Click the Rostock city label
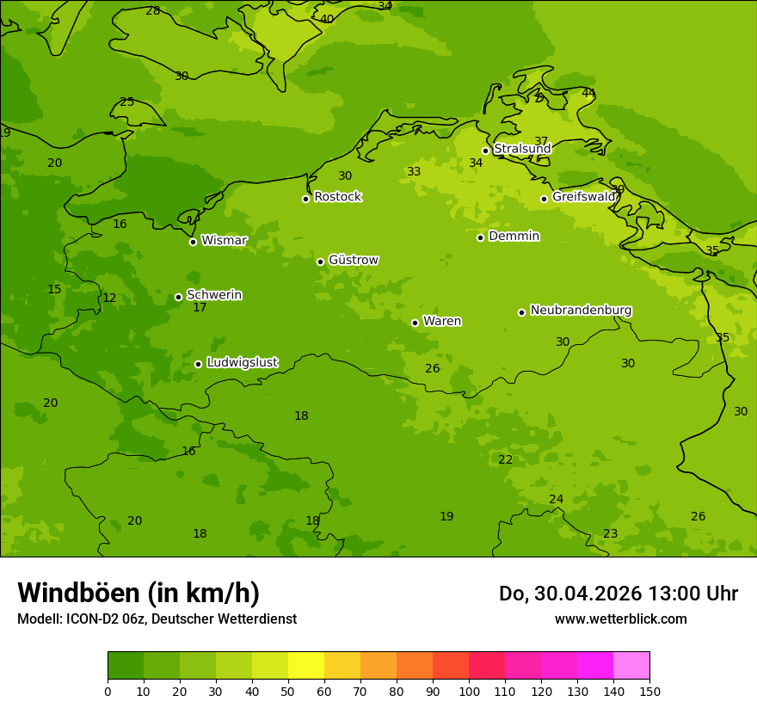click(x=337, y=197)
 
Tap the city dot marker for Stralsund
click(x=485, y=151)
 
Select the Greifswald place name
click(x=583, y=197)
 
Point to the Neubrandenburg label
click(x=581, y=311)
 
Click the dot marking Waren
click(x=415, y=323)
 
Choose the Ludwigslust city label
click(x=242, y=363)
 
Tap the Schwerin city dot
click(x=178, y=297)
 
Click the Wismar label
click(x=224, y=241)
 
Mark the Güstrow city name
click(x=353, y=260)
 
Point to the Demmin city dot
click(x=480, y=237)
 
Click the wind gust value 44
click(x=588, y=93)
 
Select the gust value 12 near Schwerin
click(x=109, y=299)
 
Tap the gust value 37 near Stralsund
click(x=541, y=141)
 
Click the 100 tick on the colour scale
click(x=469, y=691)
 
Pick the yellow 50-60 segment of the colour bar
click(x=306, y=666)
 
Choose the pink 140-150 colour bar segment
click(x=631, y=666)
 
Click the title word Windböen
click(x=78, y=593)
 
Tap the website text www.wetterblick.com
click(x=620, y=619)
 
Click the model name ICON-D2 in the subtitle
click(x=93, y=619)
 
